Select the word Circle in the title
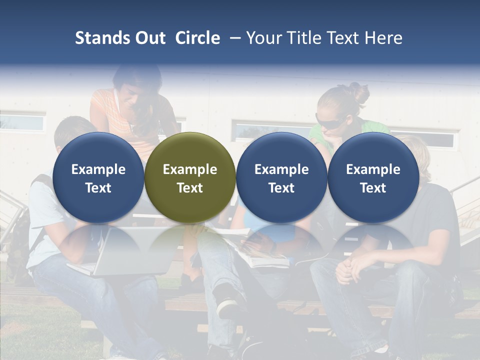click(x=197, y=38)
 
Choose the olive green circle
click(x=190, y=177)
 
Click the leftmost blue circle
click(x=98, y=177)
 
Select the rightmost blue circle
click(x=373, y=177)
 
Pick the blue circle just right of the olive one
click(x=281, y=177)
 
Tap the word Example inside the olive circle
click(x=190, y=169)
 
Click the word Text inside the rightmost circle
click(x=373, y=188)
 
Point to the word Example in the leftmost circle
click(x=98, y=169)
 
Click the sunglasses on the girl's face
click(x=330, y=120)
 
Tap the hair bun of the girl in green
click(x=358, y=92)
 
